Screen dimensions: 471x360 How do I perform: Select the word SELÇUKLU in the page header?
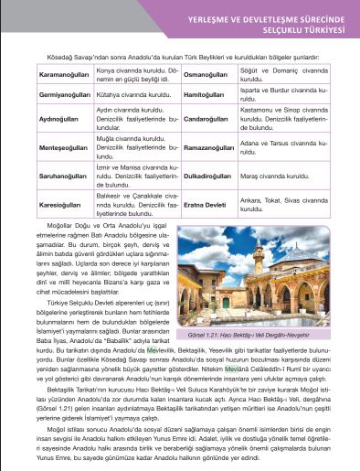coord(275,27)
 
